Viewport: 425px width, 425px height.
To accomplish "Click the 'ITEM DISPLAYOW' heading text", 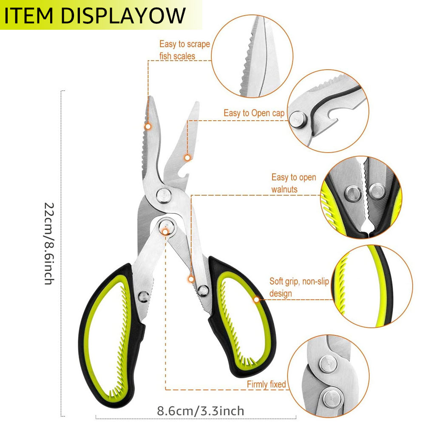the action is tap(95, 15).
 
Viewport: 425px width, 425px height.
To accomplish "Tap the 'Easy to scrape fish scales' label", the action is tap(184, 50).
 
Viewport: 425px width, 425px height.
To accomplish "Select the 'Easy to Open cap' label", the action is tap(254, 113).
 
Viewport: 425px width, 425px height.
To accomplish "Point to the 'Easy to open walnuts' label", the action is tap(294, 183).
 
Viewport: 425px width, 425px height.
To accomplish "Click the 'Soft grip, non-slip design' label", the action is tap(299, 287).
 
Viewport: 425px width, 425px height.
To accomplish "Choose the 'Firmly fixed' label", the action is tap(266, 384).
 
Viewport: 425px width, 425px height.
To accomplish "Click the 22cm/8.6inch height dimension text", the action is tap(49, 244).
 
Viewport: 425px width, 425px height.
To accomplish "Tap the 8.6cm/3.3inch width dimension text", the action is tap(201, 411).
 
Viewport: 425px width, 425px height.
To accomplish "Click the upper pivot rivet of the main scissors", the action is tap(164, 195).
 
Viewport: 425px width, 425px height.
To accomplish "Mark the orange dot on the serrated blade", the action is tap(148, 127).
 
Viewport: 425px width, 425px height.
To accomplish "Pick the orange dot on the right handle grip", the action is tap(256, 300).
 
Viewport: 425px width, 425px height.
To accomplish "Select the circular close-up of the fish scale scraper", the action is tap(252, 56).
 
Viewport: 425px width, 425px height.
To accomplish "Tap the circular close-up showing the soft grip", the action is tap(372, 286).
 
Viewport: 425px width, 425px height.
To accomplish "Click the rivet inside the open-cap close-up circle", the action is tap(298, 119).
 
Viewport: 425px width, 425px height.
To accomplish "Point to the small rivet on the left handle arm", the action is tap(143, 297).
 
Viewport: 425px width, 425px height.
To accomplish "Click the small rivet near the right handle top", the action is tap(203, 291).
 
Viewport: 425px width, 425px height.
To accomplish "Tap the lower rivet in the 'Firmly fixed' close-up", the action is tap(333, 398).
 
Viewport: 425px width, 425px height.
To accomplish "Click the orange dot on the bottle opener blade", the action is tap(187, 158).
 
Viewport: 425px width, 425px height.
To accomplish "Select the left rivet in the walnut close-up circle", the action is tap(353, 194).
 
